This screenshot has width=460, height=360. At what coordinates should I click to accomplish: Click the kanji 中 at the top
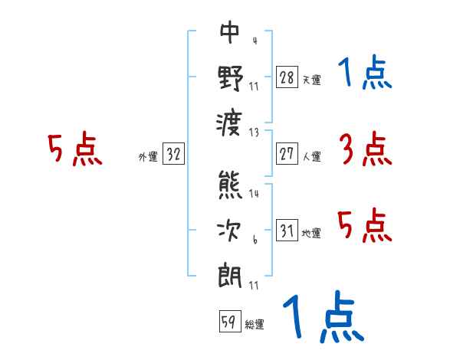[230, 33]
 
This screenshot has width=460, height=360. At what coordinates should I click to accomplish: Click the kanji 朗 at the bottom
[230, 274]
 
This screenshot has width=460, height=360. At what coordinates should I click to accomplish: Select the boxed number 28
[287, 77]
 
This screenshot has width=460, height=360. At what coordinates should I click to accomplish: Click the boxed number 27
[287, 154]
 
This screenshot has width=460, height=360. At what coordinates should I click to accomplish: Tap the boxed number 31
[287, 231]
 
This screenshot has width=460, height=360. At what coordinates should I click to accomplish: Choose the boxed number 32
[173, 154]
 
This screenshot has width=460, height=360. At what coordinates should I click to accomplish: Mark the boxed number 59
[228, 322]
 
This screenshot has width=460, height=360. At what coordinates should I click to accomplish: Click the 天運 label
[311, 80]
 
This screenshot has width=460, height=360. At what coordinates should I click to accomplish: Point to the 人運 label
[311, 156]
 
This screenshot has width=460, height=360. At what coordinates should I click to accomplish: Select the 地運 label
[311, 233]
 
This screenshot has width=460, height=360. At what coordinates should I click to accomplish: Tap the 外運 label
[147, 156]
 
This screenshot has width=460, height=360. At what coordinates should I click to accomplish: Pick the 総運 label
[255, 325]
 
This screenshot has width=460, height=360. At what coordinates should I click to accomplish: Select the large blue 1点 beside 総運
[323, 317]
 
